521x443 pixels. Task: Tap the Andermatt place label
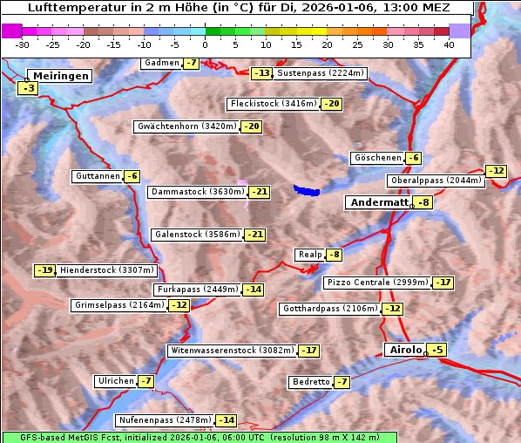(378, 202)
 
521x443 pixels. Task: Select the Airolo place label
(404, 350)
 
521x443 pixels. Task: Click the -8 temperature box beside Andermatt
(423, 202)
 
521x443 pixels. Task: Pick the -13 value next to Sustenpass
(261, 73)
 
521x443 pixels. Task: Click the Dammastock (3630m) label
(197, 192)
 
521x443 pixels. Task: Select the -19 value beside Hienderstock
(45, 270)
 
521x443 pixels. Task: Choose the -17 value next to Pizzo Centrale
(443, 283)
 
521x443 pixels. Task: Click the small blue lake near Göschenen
(307, 189)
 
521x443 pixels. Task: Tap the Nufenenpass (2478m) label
(165, 420)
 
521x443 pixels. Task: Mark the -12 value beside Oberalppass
(496, 171)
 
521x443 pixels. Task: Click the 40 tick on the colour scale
(449, 44)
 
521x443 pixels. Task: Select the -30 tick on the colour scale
(23, 44)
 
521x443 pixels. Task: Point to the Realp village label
(309, 255)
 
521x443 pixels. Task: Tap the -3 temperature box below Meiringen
(29, 88)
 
